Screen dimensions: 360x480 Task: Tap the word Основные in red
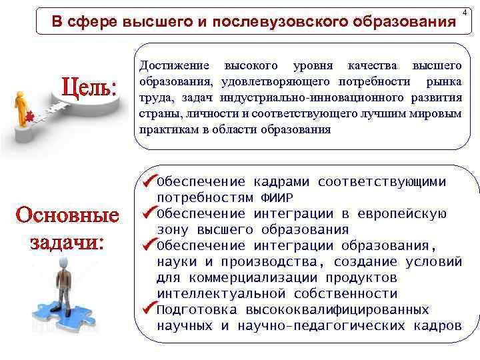tap(67, 216)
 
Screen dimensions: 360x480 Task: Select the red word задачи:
tap(67, 241)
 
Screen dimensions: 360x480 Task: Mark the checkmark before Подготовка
tap(147, 309)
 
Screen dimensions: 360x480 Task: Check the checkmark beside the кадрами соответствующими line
tap(147, 181)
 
